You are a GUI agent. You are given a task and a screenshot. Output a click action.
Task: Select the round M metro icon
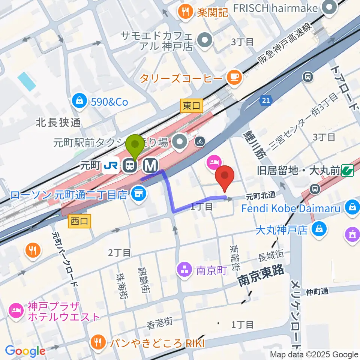point(151,165)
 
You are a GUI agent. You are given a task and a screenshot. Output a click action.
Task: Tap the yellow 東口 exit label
point(191,106)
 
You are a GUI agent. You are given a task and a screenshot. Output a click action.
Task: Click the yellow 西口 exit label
point(79,221)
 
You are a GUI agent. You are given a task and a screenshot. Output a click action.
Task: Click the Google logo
point(25,351)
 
